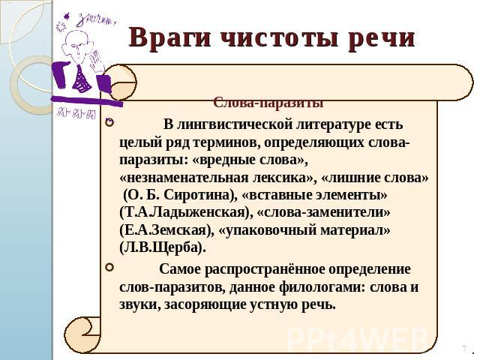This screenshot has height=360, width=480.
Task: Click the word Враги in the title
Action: point(170,37)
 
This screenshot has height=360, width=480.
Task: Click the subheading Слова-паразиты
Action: point(268,103)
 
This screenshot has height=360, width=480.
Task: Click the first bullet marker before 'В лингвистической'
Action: point(109,123)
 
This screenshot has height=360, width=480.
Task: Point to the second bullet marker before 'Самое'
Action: point(109,268)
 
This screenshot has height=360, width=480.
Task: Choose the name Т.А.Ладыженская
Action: point(184,212)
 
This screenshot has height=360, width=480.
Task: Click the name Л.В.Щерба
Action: point(162,247)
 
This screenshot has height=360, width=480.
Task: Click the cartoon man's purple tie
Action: point(82,79)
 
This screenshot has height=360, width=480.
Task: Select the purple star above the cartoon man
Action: point(66,16)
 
